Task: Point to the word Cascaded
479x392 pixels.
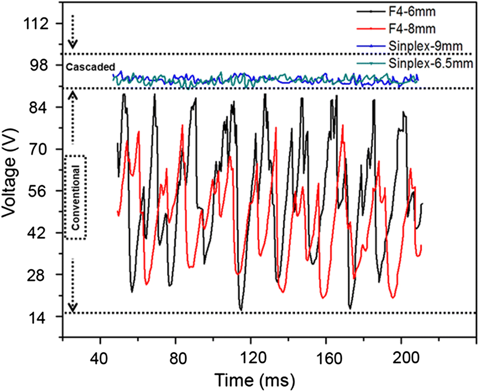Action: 90,66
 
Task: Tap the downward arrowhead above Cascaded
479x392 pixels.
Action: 73,44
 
